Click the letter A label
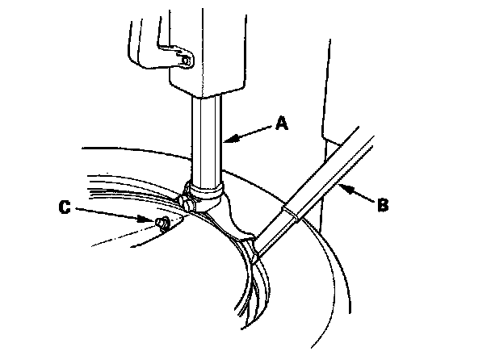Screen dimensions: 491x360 click(280, 123)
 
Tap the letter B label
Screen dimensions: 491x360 click(382, 204)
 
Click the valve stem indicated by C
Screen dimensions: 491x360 click(162, 222)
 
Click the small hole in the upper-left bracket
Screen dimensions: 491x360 click(187, 59)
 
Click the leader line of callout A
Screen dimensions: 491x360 click(250, 132)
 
